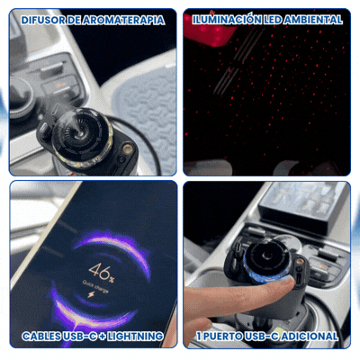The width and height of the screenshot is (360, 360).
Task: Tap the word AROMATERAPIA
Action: click(123, 20)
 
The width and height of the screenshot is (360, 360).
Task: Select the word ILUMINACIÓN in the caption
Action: click(227, 20)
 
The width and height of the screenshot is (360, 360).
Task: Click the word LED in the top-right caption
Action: click(273, 20)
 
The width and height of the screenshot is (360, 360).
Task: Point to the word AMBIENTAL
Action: click(313, 20)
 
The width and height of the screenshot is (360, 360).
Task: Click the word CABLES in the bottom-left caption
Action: click(41, 336)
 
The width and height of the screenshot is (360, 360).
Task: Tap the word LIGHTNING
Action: click(135, 336)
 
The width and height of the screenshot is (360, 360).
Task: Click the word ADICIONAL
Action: click(310, 336)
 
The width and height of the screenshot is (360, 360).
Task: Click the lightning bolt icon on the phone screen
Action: click(91, 294)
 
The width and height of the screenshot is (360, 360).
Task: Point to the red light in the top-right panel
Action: click(207, 31)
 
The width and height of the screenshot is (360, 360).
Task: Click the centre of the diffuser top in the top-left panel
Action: click(80, 131)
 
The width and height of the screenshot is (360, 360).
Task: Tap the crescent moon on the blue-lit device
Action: click(266, 255)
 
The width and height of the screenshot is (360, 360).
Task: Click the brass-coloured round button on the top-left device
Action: click(128, 148)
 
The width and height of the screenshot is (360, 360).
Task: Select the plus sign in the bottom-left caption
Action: click(102, 337)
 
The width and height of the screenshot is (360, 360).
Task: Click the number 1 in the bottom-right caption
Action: click(199, 336)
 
